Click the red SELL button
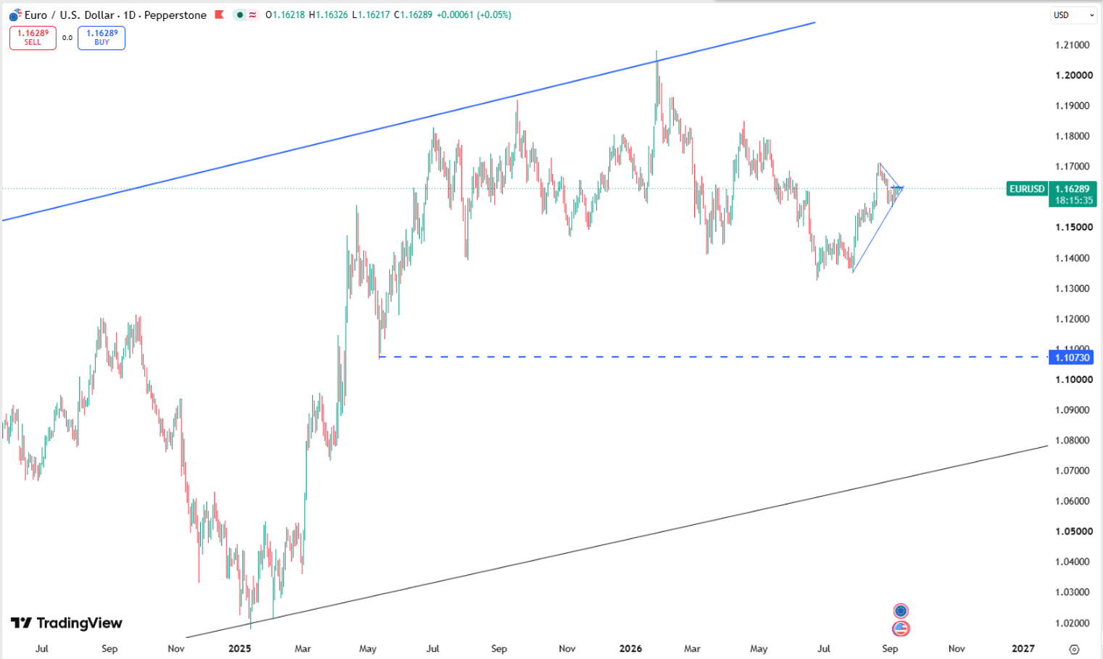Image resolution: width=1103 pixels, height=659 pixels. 33,38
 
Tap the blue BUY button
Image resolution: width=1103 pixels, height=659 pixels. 101,38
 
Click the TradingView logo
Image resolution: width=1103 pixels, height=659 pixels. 67,623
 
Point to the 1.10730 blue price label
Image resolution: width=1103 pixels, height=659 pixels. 1072,357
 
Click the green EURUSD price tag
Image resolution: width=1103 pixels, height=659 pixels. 1027,188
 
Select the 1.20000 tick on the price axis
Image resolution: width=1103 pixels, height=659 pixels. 1074,75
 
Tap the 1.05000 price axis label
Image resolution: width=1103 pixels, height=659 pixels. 1074,531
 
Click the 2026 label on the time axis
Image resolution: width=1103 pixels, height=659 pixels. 630,649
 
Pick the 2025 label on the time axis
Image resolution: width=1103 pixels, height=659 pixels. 240,649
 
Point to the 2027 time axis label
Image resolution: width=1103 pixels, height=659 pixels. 1023,649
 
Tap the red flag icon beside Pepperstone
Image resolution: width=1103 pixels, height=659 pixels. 219,14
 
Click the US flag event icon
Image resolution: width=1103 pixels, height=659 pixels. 901,629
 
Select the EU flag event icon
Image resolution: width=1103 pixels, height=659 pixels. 901,611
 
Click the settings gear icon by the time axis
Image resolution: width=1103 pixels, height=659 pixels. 1075,649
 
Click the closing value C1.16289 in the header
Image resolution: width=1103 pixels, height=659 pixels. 413,15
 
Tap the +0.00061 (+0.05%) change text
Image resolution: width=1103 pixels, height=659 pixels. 474,15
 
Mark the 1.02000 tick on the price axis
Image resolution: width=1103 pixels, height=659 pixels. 1074,623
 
